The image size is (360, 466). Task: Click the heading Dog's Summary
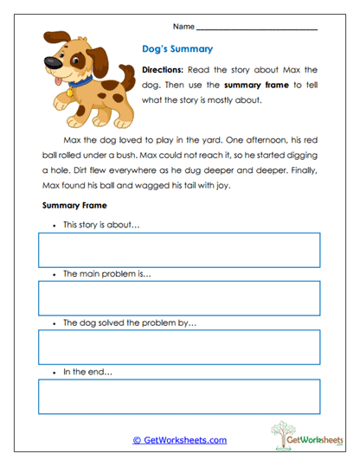click(177, 49)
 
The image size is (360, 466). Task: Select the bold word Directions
click(162, 69)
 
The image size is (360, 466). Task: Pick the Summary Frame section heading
click(74, 205)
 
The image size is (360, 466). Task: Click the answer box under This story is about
click(178, 250)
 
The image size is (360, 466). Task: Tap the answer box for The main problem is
click(178, 298)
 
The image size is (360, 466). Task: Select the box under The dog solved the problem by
click(178, 348)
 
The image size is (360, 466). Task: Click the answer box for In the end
click(178, 397)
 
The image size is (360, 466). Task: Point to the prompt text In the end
click(88, 373)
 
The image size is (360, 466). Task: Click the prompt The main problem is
click(106, 274)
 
